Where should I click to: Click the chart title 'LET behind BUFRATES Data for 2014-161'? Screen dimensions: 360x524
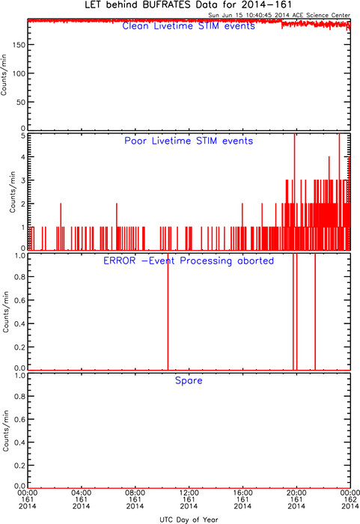click(188, 4)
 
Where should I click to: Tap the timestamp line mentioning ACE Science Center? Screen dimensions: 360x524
click(279, 15)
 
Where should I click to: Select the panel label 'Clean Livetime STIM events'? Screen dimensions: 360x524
click(189, 26)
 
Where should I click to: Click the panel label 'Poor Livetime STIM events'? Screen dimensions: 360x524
click(189, 141)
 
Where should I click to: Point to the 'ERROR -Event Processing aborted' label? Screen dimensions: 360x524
click(189, 261)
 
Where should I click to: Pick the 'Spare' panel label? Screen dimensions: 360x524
click(189, 380)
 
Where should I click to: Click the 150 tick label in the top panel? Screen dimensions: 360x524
click(19, 45)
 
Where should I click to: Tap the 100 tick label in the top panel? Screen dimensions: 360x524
click(19, 73)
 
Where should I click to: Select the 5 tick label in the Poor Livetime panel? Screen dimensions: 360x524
click(23, 135)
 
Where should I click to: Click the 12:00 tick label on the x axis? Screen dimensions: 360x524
click(189, 493)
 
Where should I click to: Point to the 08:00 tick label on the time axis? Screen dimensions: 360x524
click(135, 493)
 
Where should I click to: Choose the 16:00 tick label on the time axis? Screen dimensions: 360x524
click(242, 493)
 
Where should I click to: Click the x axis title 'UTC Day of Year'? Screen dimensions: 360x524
click(189, 520)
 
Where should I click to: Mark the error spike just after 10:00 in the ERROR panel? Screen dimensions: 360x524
click(168, 312)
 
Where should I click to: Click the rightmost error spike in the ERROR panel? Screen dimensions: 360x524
click(315, 312)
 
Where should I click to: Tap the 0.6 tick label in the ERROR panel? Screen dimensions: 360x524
click(19, 300)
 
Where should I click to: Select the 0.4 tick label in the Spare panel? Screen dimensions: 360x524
click(19, 442)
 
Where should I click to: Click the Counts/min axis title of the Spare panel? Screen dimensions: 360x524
click(6, 431)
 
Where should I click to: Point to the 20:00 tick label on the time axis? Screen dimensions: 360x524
click(296, 493)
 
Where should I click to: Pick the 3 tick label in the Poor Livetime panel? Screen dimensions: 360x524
click(23, 180)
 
